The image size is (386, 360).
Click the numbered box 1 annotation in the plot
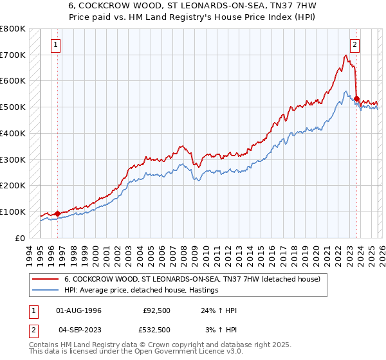click(57, 44)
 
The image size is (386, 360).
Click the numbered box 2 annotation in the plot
click(354, 44)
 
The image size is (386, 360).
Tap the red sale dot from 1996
click(57, 213)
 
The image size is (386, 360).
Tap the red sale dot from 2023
click(356, 98)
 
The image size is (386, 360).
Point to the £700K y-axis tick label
click(13, 55)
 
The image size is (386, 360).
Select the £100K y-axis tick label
click(13, 212)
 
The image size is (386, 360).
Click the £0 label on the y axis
click(19, 238)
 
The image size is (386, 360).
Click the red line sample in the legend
click(46, 280)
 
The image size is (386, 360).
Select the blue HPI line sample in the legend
click(46, 291)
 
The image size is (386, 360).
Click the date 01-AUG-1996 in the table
click(78, 310)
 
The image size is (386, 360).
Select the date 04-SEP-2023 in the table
click(78, 330)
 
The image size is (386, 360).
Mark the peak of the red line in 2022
click(345, 55)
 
